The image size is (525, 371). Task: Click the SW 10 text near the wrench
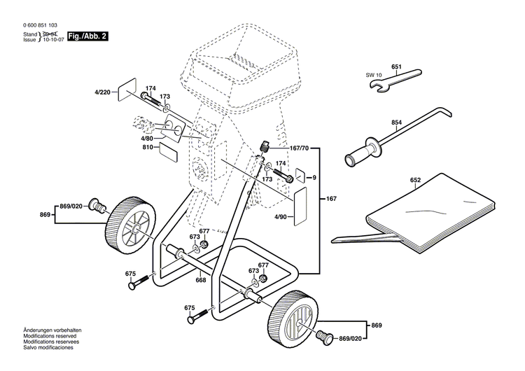pyautogui.click(x=373, y=75)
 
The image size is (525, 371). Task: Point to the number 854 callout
pyautogui.click(x=396, y=123)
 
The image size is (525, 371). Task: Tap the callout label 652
pyautogui.click(x=415, y=180)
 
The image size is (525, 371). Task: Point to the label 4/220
pyautogui.click(x=103, y=92)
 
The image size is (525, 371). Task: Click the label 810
pyautogui.click(x=147, y=148)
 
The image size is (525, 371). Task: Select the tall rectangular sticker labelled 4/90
pyautogui.click(x=300, y=205)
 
